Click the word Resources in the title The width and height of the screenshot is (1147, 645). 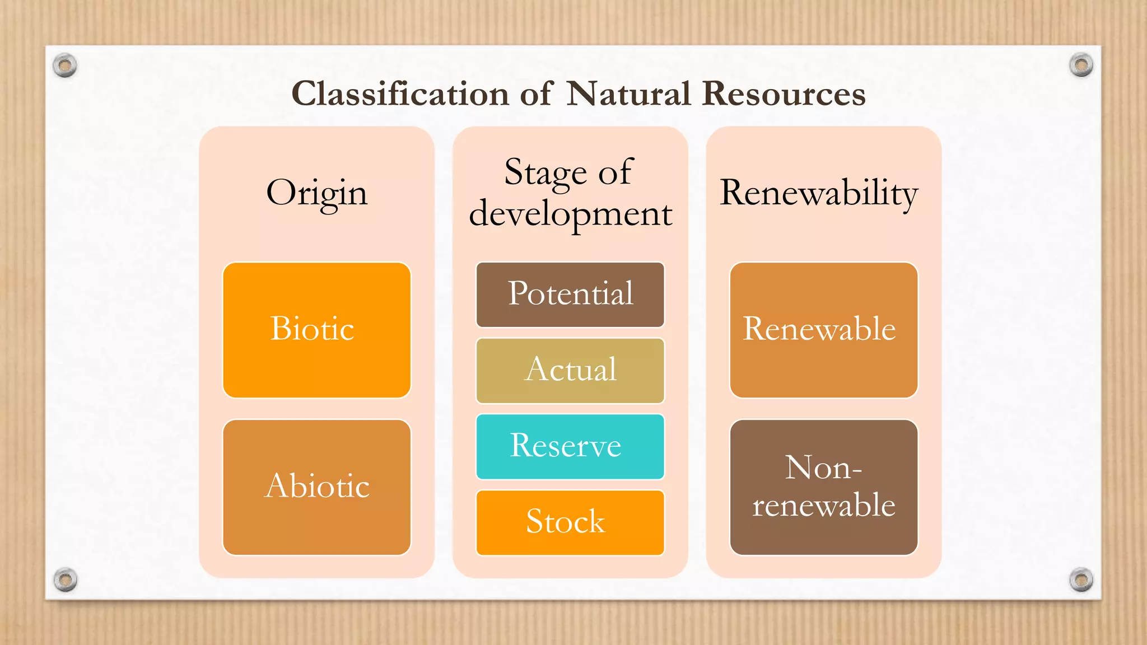(x=784, y=94)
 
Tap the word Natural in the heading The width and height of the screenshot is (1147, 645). (x=628, y=94)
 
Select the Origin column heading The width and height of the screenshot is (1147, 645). (x=317, y=193)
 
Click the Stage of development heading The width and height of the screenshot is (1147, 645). (x=570, y=192)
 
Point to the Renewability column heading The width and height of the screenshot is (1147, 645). (x=819, y=193)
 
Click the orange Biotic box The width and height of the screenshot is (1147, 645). (x=317, y=330)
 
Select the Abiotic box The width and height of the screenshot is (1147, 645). (x=317, y=487)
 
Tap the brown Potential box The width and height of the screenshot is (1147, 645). (x=570, y=295)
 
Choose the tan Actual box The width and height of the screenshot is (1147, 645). (x=570, y=370)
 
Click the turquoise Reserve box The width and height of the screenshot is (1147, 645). (x=570, y=446)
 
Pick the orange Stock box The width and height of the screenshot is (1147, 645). (x=570, y=522)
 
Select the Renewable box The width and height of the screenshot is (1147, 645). (x=823, y=330)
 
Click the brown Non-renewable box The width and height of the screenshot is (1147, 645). (x=823, y=487)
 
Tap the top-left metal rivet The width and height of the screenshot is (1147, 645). (x=65, y=66)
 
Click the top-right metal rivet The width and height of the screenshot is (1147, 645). (x=1081, y=65)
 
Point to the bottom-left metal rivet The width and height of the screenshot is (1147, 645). (x=66, y=579)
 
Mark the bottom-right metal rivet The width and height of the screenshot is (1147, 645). (x=1081, y=579)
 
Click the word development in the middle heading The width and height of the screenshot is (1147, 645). (x=570, y=214)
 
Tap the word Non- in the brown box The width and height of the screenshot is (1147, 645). (x=823, y=468)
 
